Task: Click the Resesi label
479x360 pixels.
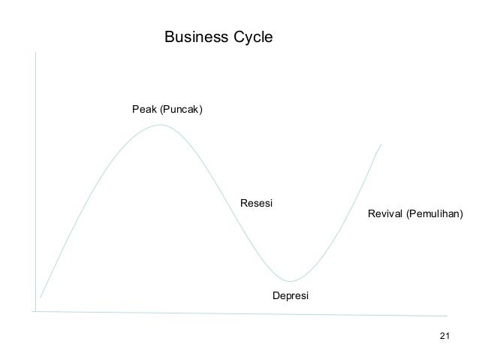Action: pyautogui.click(x=255, y=204)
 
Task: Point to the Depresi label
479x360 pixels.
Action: pyautogui.click(x=290, y=296)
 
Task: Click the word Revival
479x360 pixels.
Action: pyautogui.click(x=385, y=215)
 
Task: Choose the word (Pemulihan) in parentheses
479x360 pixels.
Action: pyautogui.click(x=435, y=215)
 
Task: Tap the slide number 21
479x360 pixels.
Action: pyautogui.click(x=443, y=335)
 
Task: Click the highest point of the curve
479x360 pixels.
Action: pyautogui.click(x=160, y=125)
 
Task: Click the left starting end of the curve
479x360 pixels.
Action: pyautogui.click(x=40, y=298)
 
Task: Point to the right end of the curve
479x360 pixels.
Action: pyautogui.click(x=381, y=144)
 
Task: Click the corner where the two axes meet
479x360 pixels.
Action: pyautogui.click(x=35, y=310)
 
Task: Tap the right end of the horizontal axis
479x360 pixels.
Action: pyautogui.click(x=447, y=315)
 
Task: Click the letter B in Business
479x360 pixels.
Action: pyautogui.click(x=169, y=36)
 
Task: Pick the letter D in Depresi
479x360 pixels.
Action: pyautogui.click(x=276, y=296)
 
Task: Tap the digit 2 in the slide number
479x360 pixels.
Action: pyautogui.click(x=441, y=335)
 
